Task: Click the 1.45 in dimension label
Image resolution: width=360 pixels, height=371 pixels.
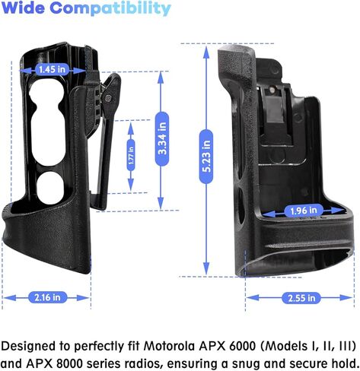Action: pyautogui.click(x=52, y=69)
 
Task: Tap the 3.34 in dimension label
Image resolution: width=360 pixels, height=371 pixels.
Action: pyautogui.click(x=162, y=138)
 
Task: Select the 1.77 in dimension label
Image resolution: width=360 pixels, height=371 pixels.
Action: pyautogui.click(x=131, y=155)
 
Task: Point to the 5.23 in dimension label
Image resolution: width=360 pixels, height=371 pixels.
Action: pyautogui.click(x=206, y=157)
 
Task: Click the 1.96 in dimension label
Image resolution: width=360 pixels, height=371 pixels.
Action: pyautogui.click(x=304, y=211)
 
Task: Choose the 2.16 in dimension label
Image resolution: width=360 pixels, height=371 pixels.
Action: pyautogui.click(x=47, y=297)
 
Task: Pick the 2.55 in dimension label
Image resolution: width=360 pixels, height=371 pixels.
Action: pyautogui.click(x=301, y=298)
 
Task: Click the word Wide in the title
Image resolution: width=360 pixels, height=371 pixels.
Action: pyautogui.click(x=24, y=8)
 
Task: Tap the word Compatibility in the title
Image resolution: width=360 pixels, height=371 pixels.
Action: pyautogui.click(x=110, y=9)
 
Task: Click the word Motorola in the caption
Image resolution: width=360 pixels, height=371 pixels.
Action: pyautogui.click(x=170, y=346)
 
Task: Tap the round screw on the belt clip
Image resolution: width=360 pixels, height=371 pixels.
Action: pyautogui.click(x=109, y=97)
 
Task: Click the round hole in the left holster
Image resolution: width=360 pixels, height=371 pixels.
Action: pyautogui.click(x=49, y=188)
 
